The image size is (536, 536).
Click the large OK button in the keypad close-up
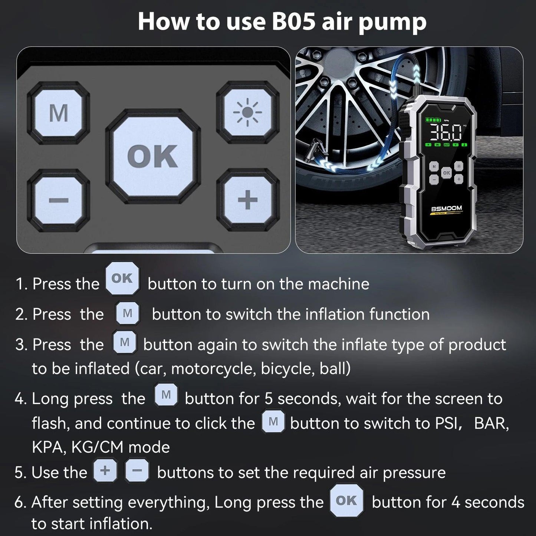coord(153,156)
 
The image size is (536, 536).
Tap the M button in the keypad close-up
coord(59,113)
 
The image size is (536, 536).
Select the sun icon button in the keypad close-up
coord(247,112)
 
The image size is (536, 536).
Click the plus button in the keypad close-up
coord(247,200)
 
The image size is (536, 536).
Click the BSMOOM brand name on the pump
coord(447,208)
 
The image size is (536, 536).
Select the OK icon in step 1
coord(122,278)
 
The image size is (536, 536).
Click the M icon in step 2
coord(127,314)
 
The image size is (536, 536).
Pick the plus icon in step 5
coord(105,471)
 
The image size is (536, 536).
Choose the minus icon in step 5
coord(137,471)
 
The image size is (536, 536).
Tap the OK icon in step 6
coord(346,501)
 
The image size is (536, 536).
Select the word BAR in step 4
coord(491,423)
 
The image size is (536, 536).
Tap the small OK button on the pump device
coord(446,173)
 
